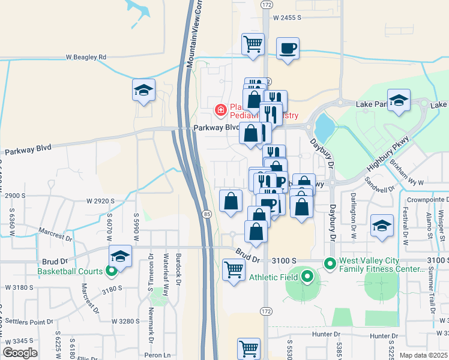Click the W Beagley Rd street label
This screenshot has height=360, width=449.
tap(86, 57)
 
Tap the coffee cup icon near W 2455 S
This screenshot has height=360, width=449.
tap(288, 48)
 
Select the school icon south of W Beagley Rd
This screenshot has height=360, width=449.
tap(144, 91)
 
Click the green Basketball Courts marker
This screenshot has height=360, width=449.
tap(112, 271)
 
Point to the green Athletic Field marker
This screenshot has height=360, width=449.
tap(307, 277)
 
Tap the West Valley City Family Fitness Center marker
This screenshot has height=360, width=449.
tap(330, 263)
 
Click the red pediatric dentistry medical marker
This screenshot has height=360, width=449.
tap(221, 110)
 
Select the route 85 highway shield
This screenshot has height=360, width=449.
tap(206, 214)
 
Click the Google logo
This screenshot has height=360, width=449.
tap(20, 352)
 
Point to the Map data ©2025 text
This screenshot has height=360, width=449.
tap(423, 355)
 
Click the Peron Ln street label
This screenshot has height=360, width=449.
tap(161, 355)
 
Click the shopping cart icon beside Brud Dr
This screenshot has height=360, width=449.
tap(234, 269)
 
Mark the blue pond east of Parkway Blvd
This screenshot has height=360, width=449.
tap(324, 126)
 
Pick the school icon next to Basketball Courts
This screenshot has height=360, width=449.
tap(120, 256)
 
